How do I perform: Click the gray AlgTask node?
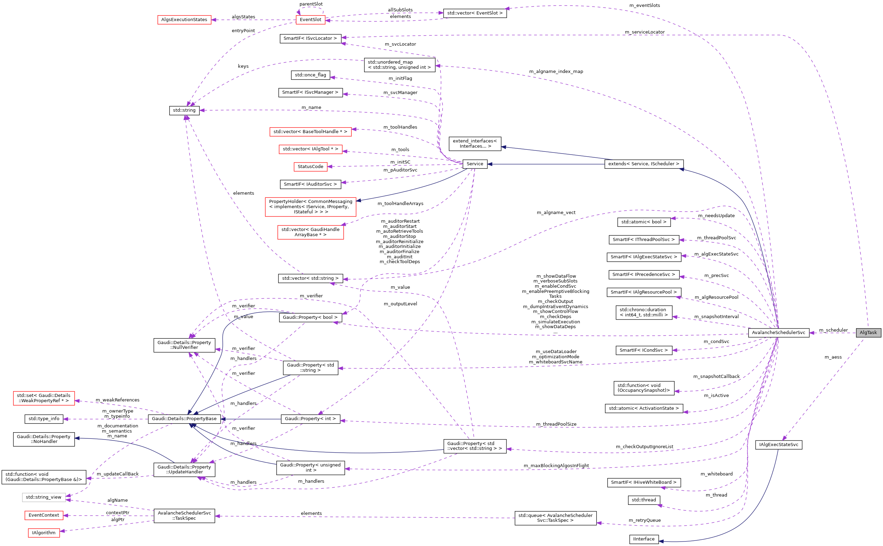[x=868, y=333]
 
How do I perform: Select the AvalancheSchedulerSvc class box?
[x=778, y=333]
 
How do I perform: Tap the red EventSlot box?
[x=310, y=19]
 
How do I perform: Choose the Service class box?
[x=474, y=164]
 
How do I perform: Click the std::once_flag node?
[x=310, y=75]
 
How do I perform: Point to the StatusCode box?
[x=310, y=166]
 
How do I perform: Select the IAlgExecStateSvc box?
[x=778, y=445]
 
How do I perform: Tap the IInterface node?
[x=644, y=539]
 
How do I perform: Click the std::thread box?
[x=644, y=500]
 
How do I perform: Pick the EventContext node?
[x=44, y=515]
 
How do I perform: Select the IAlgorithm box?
[x=44, y=533]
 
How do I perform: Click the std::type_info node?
[x=44, y=418]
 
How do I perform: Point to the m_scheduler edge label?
[x=833, y=330]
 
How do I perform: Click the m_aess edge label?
[x=833, y=357]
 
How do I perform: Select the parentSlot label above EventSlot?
[x=311, y=4]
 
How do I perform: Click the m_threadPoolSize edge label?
[x=556, y=424]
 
